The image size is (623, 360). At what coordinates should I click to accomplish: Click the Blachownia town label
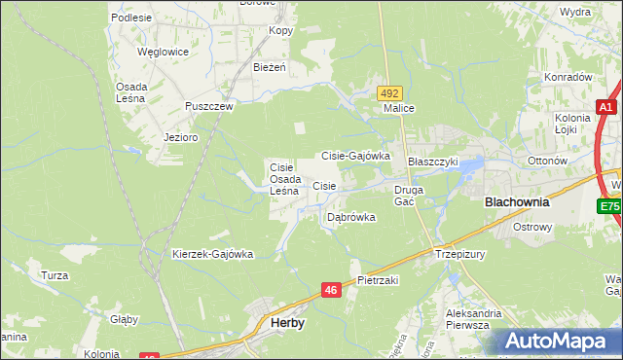[x=517, y=203]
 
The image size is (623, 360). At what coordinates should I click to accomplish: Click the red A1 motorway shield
[x=606, y=107]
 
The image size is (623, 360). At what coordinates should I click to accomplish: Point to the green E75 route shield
[x=609, y=206]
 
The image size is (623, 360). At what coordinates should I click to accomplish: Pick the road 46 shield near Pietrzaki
[x=332, y=290]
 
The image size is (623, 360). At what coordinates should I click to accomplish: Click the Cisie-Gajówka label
[x=355, y=156]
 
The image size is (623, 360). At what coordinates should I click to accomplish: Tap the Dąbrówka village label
[x=351, y=217]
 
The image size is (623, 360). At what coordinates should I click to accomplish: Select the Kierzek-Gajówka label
[x=212, y=254]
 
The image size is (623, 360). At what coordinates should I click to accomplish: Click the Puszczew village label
[x=210, y=107]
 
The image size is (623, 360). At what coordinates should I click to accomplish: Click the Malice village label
[x=399, y=109]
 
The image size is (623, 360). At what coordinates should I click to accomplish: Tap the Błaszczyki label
[x=432, y=162]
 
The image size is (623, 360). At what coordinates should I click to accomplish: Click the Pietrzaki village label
[x=379, y=280]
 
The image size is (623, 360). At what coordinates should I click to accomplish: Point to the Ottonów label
[x=545, y=160]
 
